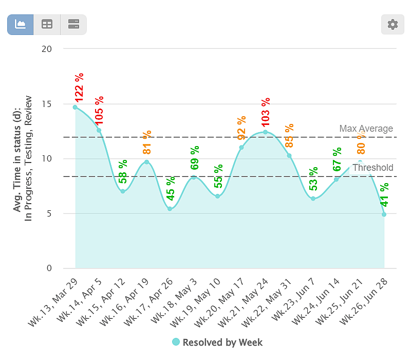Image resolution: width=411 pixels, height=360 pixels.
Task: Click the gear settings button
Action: (393, 25)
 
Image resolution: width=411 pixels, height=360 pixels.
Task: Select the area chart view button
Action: (21, 25)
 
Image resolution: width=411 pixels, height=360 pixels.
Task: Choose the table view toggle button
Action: (47, 25)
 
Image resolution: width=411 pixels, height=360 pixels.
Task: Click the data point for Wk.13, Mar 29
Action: (75, 107)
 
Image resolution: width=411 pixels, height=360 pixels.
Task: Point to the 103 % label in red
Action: (265, 111)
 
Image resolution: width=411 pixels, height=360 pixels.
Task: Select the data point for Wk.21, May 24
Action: (265, 132)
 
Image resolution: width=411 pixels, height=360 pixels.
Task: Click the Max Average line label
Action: (366, 129)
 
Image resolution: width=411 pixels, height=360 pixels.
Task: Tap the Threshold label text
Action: (372, 168)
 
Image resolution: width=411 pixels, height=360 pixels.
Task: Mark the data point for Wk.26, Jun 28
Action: (384, 214)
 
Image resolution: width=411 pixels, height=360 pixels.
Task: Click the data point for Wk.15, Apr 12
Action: (123, 191)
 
